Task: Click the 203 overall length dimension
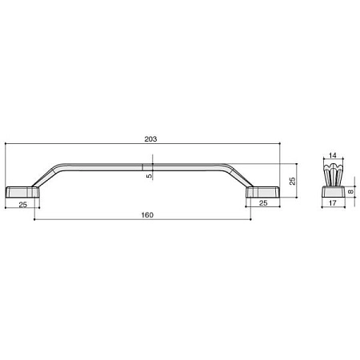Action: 150,139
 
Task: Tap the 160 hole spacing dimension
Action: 147,215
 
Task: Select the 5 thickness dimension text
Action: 149,176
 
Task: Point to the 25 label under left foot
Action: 23,205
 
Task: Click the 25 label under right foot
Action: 263,203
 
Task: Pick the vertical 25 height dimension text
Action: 293,181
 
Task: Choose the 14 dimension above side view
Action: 333,155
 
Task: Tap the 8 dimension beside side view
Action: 351,191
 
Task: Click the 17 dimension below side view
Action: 333,203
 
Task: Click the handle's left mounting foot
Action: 22,192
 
